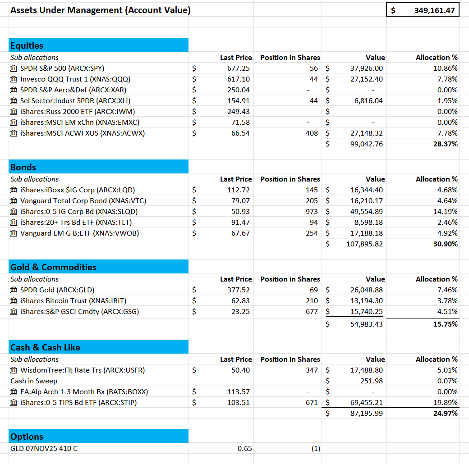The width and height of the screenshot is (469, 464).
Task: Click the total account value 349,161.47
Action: pos(434,10)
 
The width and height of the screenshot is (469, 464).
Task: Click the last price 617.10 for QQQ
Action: pos(238,79)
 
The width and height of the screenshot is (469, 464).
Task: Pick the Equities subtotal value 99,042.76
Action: pos(366,144)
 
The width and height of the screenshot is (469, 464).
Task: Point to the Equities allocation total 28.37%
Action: pos(445,144)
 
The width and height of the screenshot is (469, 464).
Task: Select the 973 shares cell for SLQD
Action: pos(312,212)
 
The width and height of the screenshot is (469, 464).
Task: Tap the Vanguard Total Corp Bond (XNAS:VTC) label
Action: pos(83,201)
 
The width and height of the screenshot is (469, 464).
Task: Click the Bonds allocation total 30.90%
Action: pos(445,244)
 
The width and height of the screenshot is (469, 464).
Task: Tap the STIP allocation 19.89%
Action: pos(447,403)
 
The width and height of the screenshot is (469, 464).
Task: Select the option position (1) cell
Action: pos(315,449)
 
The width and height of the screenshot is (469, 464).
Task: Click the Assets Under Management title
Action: pos(100,10)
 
